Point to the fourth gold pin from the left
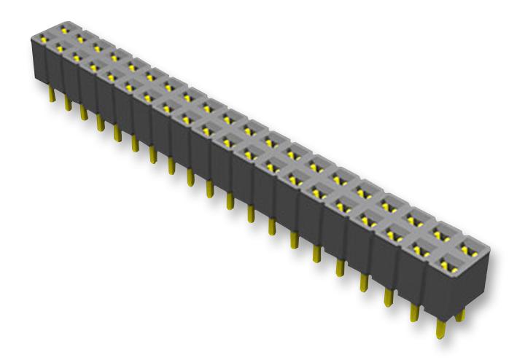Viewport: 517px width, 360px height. pyautogui.click(x=100, y=121)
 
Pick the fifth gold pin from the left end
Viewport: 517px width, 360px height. pyautogui.click(x=117, y=130)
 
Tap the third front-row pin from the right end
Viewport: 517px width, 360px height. pyautogui.click(x=389, y=294)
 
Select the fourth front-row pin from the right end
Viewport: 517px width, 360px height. pyautogui.click(x=363, y=280)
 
